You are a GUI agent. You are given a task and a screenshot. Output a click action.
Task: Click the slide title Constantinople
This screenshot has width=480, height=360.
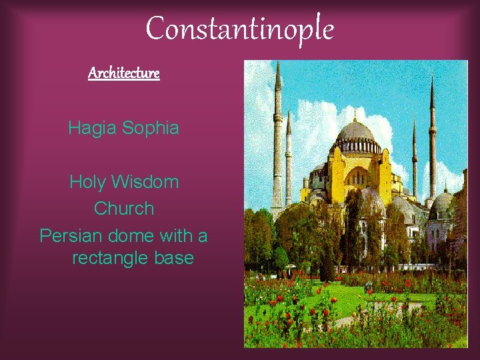239,29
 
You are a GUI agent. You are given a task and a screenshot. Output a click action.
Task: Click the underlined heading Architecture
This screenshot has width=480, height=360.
124,73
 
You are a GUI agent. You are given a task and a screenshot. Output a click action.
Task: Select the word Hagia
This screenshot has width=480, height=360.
92,127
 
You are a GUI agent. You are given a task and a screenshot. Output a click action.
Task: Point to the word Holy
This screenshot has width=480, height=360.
87,181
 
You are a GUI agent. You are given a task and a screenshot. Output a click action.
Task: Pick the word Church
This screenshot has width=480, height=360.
124,209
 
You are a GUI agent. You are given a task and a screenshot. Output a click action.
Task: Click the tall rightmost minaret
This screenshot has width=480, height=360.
432,140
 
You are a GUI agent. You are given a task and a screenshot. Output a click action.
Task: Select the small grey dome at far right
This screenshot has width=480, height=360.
442,203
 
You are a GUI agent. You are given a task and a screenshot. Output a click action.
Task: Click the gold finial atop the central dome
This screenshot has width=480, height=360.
355,113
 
